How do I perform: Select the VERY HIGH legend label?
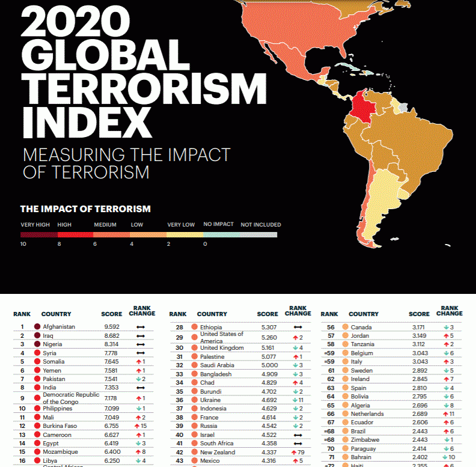(x=35, y=225)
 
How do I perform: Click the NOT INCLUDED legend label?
(x=260, y=225)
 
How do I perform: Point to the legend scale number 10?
(x=23, y=244)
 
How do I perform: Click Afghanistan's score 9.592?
(x=112, y=327)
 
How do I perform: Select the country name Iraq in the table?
(x=48, y=335)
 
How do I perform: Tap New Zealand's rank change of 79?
(x=297, y=452)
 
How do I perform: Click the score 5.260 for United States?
(x=267, y=338)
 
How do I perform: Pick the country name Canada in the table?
(x=361, y=327)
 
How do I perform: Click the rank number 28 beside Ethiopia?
(x=179, y=327)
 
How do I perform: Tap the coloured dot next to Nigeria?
(x=37, y=344)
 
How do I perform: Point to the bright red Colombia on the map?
(x=359, y=105)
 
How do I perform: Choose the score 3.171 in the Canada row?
(x=418, y=327)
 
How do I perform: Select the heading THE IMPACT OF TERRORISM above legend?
(x=85, y=209)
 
